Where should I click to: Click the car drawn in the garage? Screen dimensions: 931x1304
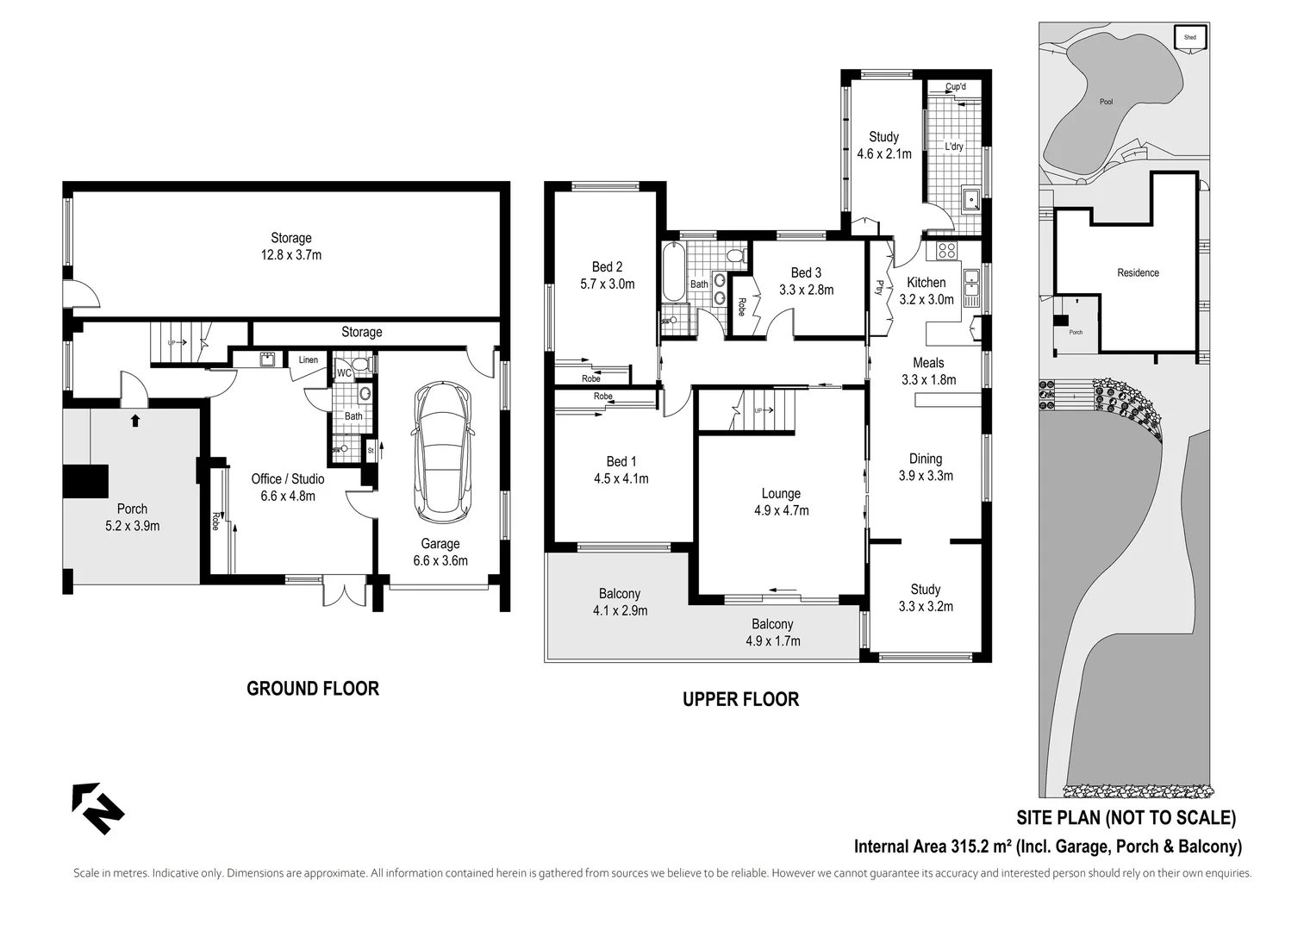(443, 453)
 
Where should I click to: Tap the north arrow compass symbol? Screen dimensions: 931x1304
(97, 808)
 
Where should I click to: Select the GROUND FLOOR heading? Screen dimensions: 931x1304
(313, 689)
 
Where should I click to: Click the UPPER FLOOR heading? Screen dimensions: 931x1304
(740, 699)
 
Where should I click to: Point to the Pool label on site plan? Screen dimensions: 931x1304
(1106, 102)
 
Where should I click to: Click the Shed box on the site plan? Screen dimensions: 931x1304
(1190, 38)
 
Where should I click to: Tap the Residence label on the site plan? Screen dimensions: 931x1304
(1138, 272)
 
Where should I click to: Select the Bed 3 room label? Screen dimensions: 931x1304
(806, 273)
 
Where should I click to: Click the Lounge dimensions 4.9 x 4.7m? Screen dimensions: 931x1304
(781, 510)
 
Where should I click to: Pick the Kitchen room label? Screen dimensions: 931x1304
(927, 283)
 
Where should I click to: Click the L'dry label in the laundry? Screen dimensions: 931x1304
(953, 147)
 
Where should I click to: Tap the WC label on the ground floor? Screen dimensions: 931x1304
(343, 373)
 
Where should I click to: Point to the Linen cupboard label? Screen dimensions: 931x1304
(309, 360)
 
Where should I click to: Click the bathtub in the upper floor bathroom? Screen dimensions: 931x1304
(673, 272)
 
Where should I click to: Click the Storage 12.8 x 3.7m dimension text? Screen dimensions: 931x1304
(291, 255)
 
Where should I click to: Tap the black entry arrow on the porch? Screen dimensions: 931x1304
(134, 421)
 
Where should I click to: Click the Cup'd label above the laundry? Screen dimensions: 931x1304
(955, 87)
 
